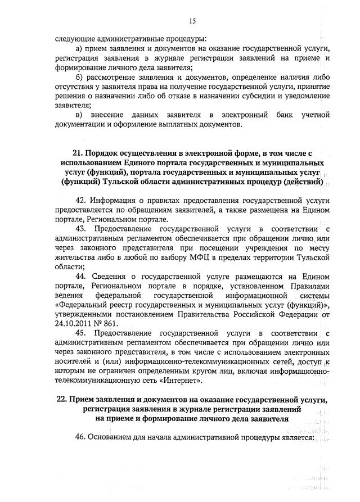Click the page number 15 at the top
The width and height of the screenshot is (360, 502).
(x=192, y=21)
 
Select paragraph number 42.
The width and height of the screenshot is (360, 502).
(x=81, y=201)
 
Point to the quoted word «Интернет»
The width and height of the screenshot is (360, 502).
(x=182, y=381)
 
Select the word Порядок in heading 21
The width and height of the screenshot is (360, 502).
(x=108, y=152)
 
